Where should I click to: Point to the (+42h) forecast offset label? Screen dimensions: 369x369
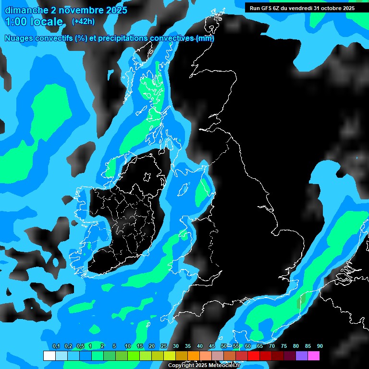83,21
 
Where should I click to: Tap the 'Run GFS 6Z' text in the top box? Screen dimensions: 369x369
266,8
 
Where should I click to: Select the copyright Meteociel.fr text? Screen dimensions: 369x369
204,366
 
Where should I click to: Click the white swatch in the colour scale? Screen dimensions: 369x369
49,356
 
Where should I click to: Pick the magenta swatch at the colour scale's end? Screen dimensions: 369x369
313,356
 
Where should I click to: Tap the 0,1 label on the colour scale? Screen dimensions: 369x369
56,346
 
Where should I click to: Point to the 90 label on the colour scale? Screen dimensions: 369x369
320,346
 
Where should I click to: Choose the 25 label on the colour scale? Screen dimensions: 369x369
163,346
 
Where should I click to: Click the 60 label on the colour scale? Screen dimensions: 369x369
247,346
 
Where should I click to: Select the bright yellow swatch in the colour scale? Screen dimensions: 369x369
169,356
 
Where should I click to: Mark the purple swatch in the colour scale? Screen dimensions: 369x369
301,356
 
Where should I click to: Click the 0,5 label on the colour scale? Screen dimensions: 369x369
80,346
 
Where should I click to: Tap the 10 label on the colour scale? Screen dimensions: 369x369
127,346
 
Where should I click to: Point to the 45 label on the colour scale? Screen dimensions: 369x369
211,346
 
